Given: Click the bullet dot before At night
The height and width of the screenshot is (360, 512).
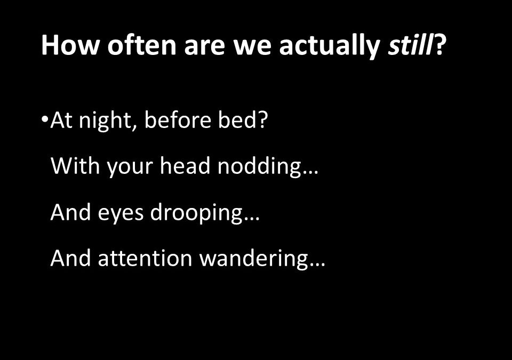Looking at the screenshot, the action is [45, 119].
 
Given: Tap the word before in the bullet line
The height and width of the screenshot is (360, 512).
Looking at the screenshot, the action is [178, 120].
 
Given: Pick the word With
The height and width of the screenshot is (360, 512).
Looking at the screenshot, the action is [75, 166].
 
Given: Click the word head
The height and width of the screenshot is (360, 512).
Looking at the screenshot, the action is [185, 166].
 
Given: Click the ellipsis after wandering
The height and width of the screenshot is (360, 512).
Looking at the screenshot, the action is [317, 265].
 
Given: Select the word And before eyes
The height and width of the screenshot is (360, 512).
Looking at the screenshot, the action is [71, 212].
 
